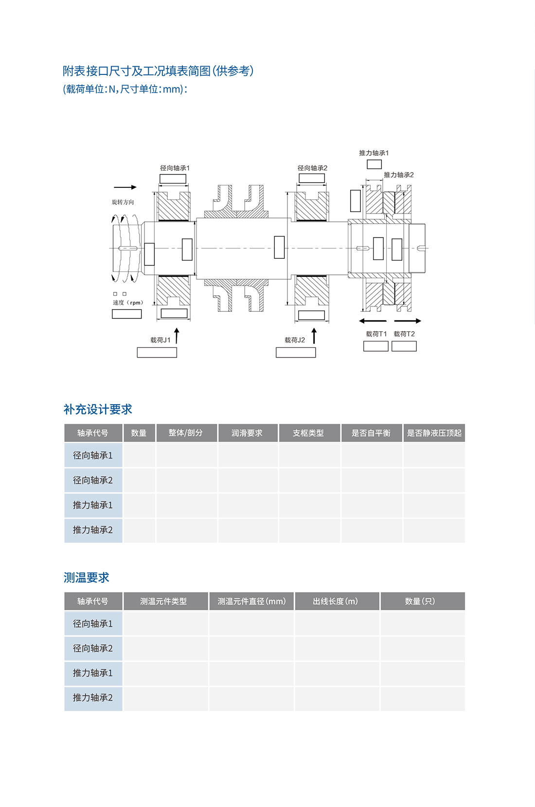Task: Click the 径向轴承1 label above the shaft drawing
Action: tap(175, 168)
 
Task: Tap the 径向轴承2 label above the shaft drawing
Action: tap(312, 168)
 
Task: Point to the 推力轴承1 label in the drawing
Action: tap(374, 153)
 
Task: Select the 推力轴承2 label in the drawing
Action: tap(398, 175)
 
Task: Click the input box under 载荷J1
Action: tap(157, 353)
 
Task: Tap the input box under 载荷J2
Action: tap(296, 353)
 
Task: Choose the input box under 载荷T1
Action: tap(375, 346)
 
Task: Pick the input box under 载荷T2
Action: tap(404, 346)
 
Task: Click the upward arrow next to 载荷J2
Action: tap(314, 336)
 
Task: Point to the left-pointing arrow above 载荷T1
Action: tap(373, 321)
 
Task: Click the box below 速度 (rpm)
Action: tap(126, 314)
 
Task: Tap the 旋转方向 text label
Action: tap(123, 202)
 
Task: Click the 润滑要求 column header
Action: tap(247, 433)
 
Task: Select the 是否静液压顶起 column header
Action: tap(434, 433)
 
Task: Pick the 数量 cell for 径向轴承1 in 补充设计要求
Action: tap(139, 456)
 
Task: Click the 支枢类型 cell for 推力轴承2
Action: tap(309, 530)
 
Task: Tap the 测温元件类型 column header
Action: tap(163, 601)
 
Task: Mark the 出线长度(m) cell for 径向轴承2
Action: tap(337, 648)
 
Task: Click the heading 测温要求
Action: tap(87, 577)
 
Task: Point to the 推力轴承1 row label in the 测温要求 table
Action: tap(93, 673)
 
